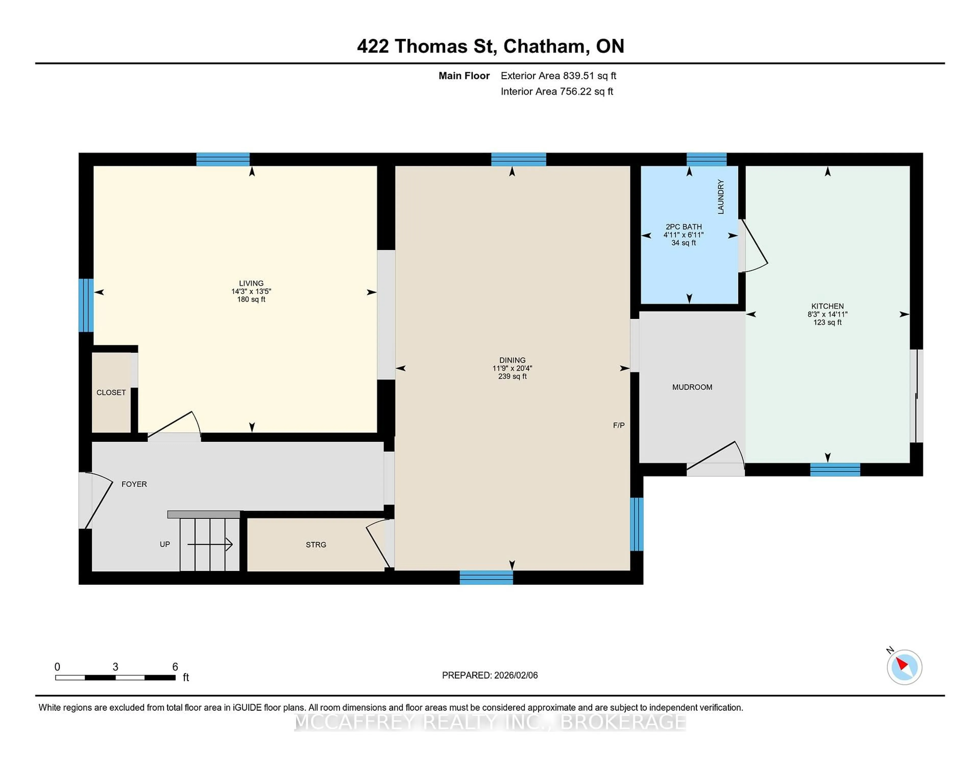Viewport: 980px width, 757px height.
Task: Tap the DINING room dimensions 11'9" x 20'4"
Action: [512, 368]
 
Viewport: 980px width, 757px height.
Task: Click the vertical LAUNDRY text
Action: [721, 196]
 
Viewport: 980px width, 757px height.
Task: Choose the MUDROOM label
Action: [692, 387]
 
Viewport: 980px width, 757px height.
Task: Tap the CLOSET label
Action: [111, 393]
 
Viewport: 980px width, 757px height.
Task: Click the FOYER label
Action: [134, 484]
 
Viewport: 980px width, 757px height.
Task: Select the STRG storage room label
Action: [316, 545]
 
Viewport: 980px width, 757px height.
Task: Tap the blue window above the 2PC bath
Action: [706, 159]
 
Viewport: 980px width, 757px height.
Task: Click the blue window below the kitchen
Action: [835, 470]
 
